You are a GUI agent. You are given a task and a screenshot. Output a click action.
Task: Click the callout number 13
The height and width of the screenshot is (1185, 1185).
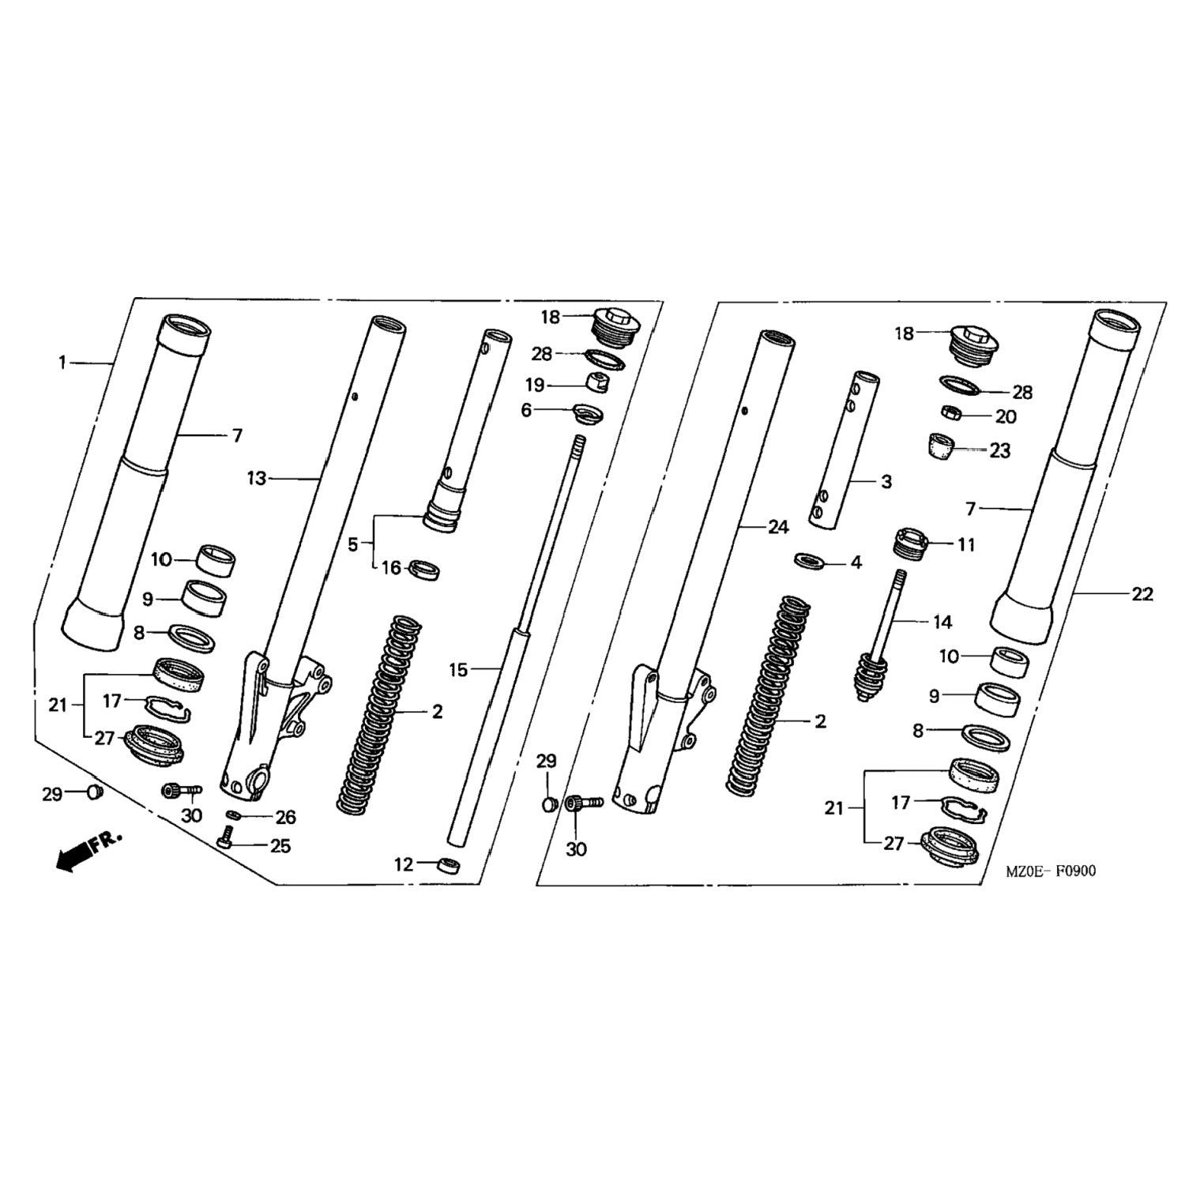pyautogui.click(x=257, y=478)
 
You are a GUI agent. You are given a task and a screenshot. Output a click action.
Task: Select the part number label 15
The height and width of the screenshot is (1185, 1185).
pyautogui.click(x=458, y=670)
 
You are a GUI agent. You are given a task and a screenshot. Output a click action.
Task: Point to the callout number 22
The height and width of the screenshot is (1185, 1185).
pyautogui.click(x=1142, y=594)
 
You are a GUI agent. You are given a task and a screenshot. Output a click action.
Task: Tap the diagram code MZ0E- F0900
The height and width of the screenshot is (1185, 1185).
pyautogui.click(x=1051, y=871)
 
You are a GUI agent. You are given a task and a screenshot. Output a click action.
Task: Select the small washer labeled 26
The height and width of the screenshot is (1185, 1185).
pyautogui.click(x=235, y=814)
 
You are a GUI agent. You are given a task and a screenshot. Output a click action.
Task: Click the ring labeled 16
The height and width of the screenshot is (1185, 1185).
pyautogui.click(x=424, y=569)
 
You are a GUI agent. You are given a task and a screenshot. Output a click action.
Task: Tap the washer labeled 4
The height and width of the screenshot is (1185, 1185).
pyautogui.click(x=809, y=561)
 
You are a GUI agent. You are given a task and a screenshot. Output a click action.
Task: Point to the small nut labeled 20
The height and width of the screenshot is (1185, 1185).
pyautogui.click(x=950, y=412)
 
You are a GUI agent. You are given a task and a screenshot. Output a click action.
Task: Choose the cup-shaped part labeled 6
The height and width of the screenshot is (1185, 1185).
pyautogui.click(x=586, y=413)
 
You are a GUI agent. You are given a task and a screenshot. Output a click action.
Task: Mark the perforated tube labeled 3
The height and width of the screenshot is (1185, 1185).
pyautogui.click(x=842, y=450)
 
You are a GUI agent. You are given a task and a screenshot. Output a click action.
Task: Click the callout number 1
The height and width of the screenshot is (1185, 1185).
pyautogui.click(x=62, y=363)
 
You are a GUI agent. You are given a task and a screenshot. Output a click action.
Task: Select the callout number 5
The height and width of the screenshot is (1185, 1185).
pyautogui.click(x=353, y=544)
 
